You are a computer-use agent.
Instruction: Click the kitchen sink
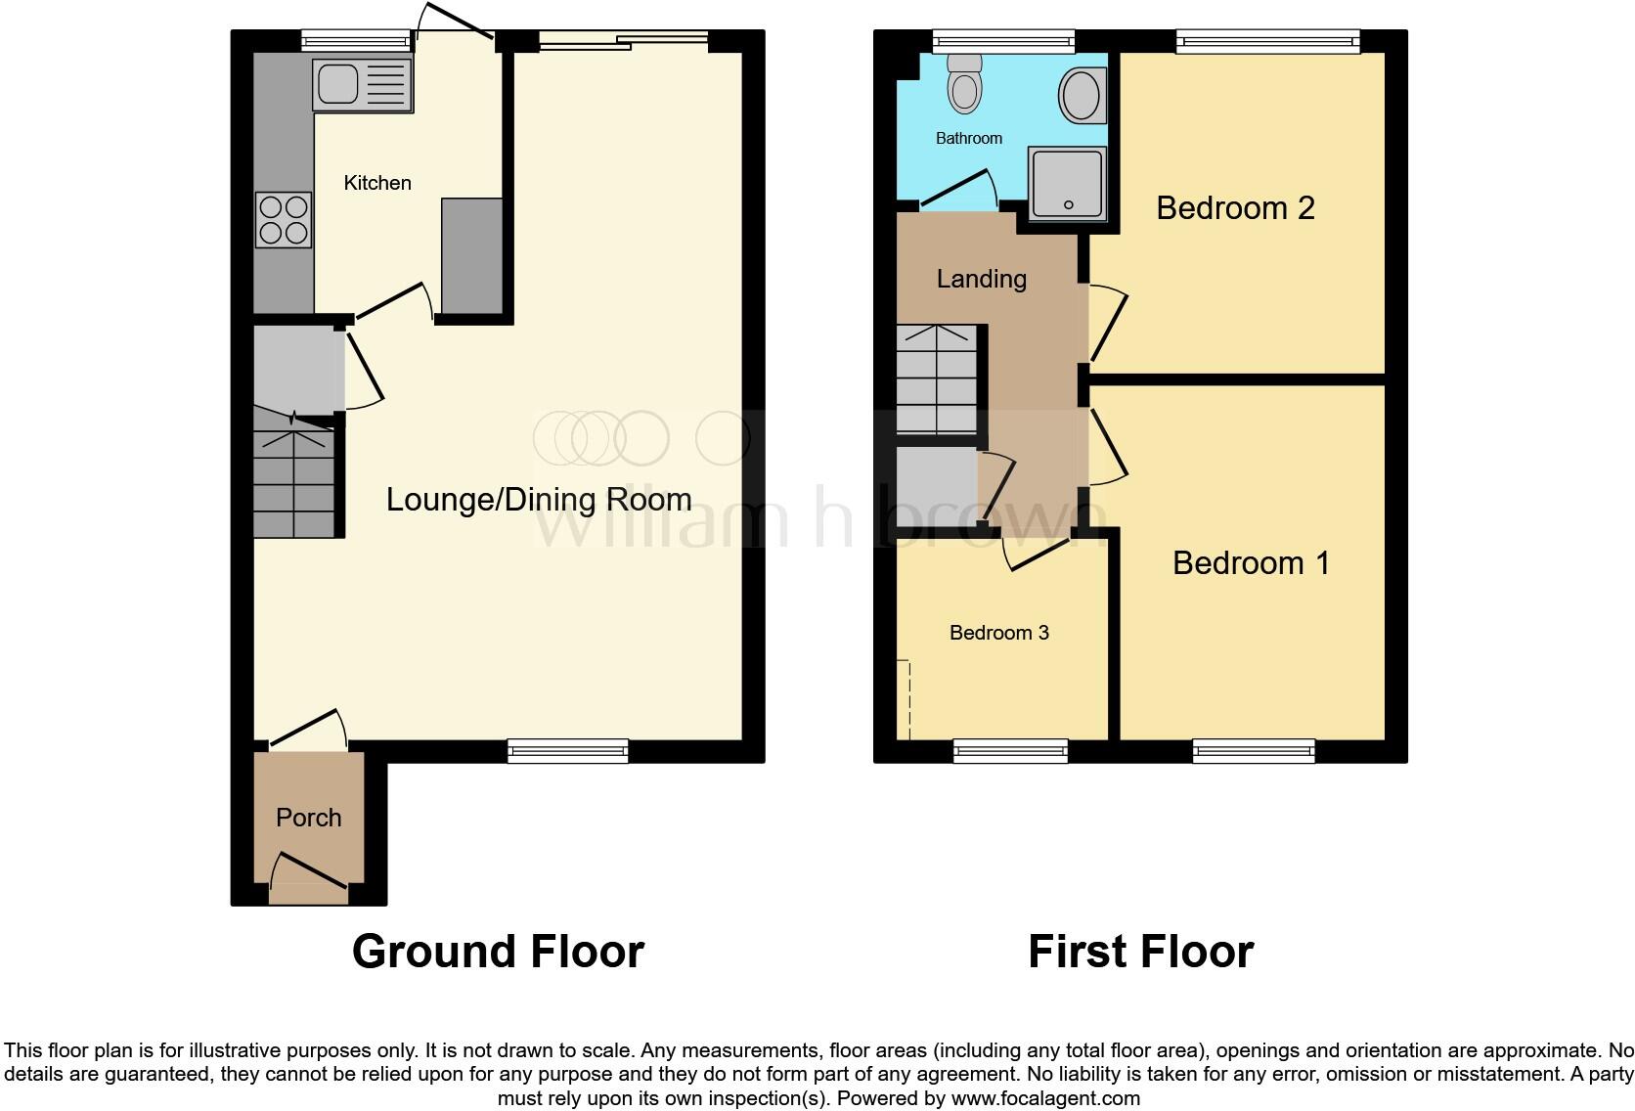point(361,85)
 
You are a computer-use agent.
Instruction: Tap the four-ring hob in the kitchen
point(284,220)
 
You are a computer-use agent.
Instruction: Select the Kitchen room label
point(377,183)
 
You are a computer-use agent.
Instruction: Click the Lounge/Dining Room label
point(539,500)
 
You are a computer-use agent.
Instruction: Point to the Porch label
point(308,818)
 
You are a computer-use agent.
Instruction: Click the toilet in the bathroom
point(964,84)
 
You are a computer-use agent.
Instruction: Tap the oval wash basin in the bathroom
point(1080,94)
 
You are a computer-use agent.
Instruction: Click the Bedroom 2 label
point(1235,207)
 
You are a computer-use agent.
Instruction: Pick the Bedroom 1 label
point(1251,563)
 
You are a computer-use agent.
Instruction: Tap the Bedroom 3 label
point(998,633)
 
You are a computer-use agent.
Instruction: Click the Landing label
point(981,279)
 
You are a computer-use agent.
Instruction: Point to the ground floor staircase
point(293,474)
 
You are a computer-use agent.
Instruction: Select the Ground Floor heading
point(498,951)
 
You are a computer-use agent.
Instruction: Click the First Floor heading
point(1140,951)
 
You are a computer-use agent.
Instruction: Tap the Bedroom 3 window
point(1010,751)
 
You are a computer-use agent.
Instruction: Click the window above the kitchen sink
point(356,40)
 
